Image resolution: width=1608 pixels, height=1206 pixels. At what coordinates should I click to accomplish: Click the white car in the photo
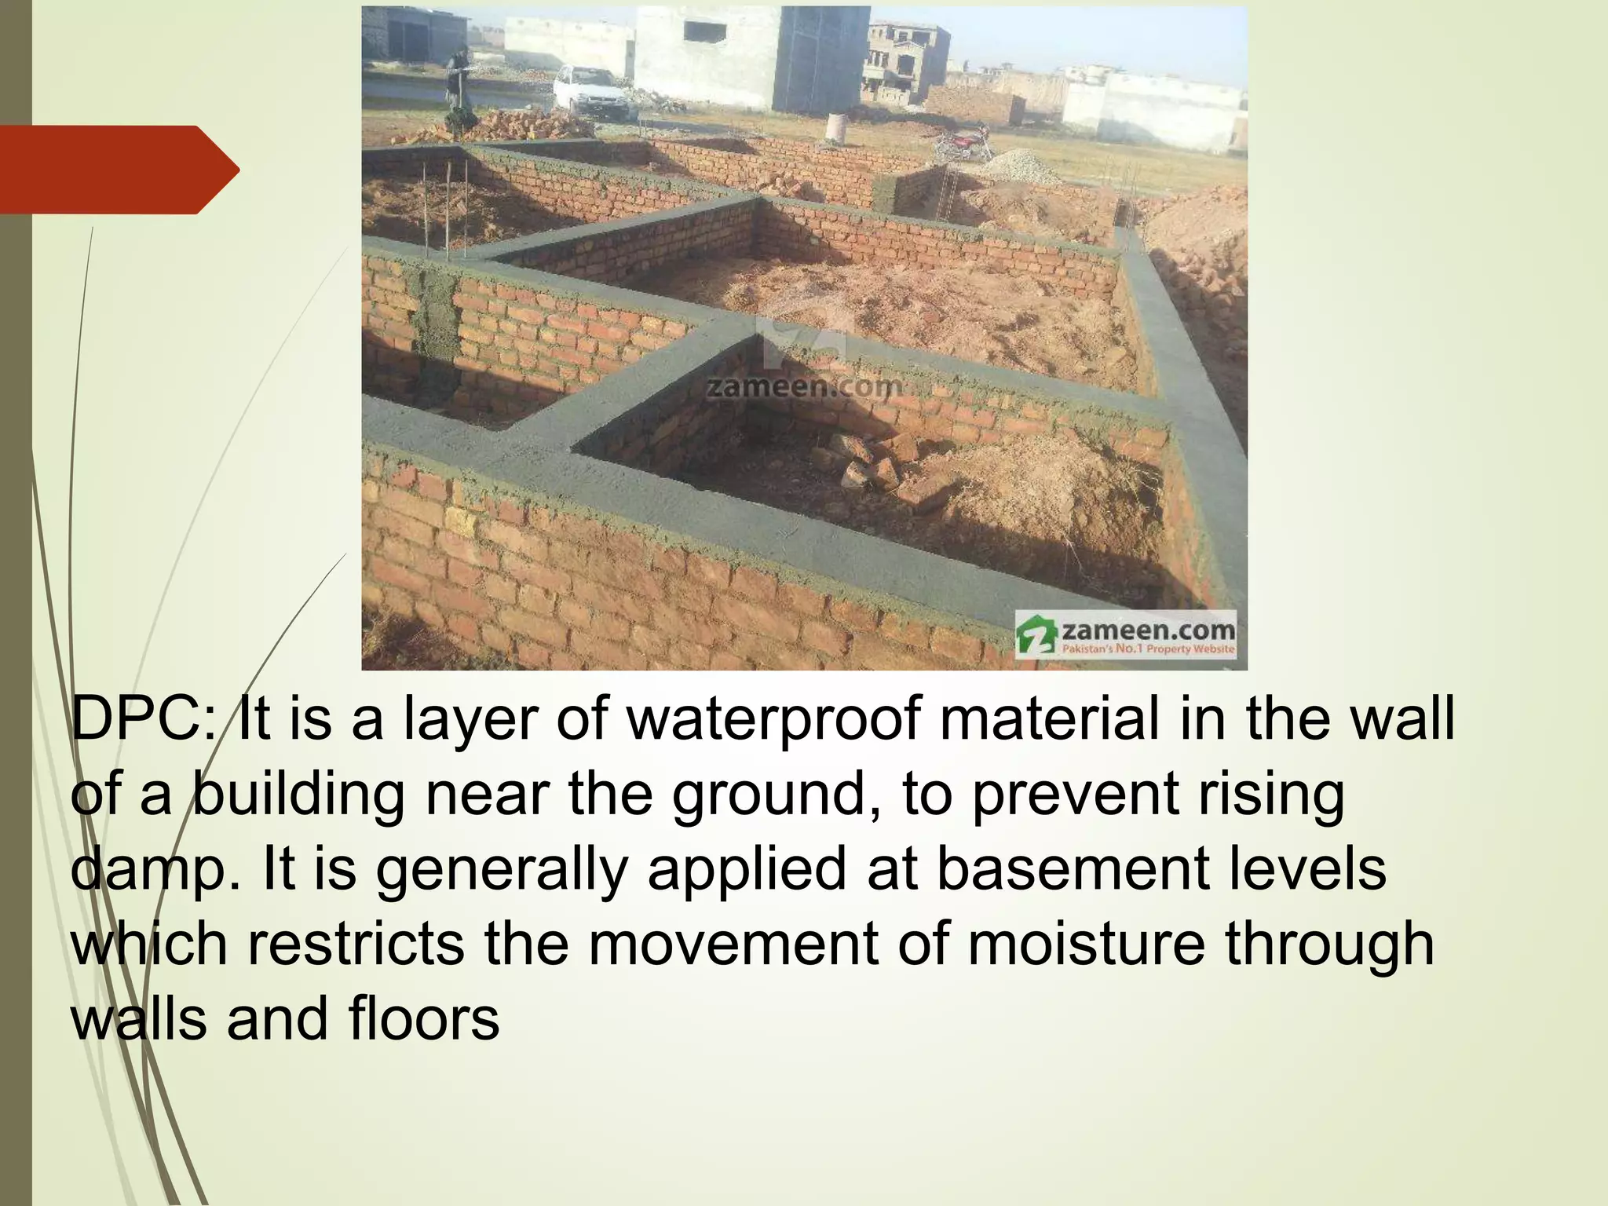tap(590, 90)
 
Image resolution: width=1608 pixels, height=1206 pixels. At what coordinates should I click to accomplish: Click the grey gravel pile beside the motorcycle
tap(1020, 165)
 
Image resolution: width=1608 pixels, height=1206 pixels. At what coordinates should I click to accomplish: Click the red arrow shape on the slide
tap(118, 170)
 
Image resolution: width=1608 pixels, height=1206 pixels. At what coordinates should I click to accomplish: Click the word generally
tap(502, 869)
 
